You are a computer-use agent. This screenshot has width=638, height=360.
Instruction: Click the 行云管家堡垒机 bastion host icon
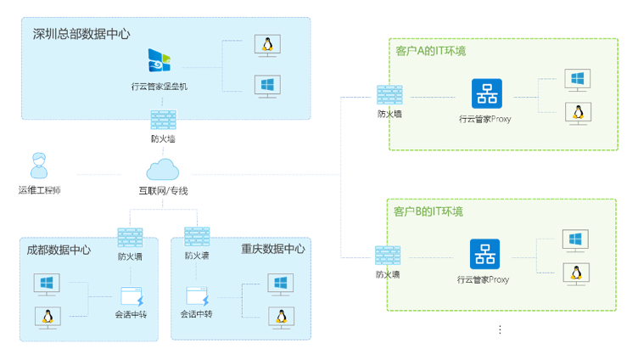tap(159, 60)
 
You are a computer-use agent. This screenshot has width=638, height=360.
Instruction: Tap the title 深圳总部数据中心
tap(81, 34)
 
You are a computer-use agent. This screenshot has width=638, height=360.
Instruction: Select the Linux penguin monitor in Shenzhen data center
tap(268, 46)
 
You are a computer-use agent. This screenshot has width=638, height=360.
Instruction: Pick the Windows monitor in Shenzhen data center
tap(268, 86)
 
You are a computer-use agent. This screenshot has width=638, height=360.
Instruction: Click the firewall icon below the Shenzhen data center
tap(163, 120)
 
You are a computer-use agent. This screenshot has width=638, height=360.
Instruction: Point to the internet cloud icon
tap(163, 168)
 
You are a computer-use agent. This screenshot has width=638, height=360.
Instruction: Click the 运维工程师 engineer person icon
tap(38, 166)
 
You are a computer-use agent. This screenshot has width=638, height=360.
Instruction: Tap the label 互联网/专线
tap(163, 191)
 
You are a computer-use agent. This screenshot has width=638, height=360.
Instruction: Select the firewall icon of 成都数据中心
tap(130, 237)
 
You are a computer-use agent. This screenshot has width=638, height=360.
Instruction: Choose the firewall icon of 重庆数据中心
tap(197, 237)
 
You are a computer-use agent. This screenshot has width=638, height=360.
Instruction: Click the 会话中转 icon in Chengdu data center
tap(132, 297)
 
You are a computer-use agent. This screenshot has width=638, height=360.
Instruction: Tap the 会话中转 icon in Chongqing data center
tap(198, 297)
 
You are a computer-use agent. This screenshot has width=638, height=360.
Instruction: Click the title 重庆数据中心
tap(272, 250)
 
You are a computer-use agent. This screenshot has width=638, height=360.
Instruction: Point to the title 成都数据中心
tap(59, 250)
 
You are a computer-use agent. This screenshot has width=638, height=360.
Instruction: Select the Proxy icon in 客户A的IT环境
tap(487, 93)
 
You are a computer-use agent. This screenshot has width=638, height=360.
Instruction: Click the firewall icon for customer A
tap(389, 95)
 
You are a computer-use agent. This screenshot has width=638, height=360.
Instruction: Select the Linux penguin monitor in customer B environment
tap(576, 273)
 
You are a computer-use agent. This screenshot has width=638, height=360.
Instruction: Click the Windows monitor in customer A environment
tap(578, 80)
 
